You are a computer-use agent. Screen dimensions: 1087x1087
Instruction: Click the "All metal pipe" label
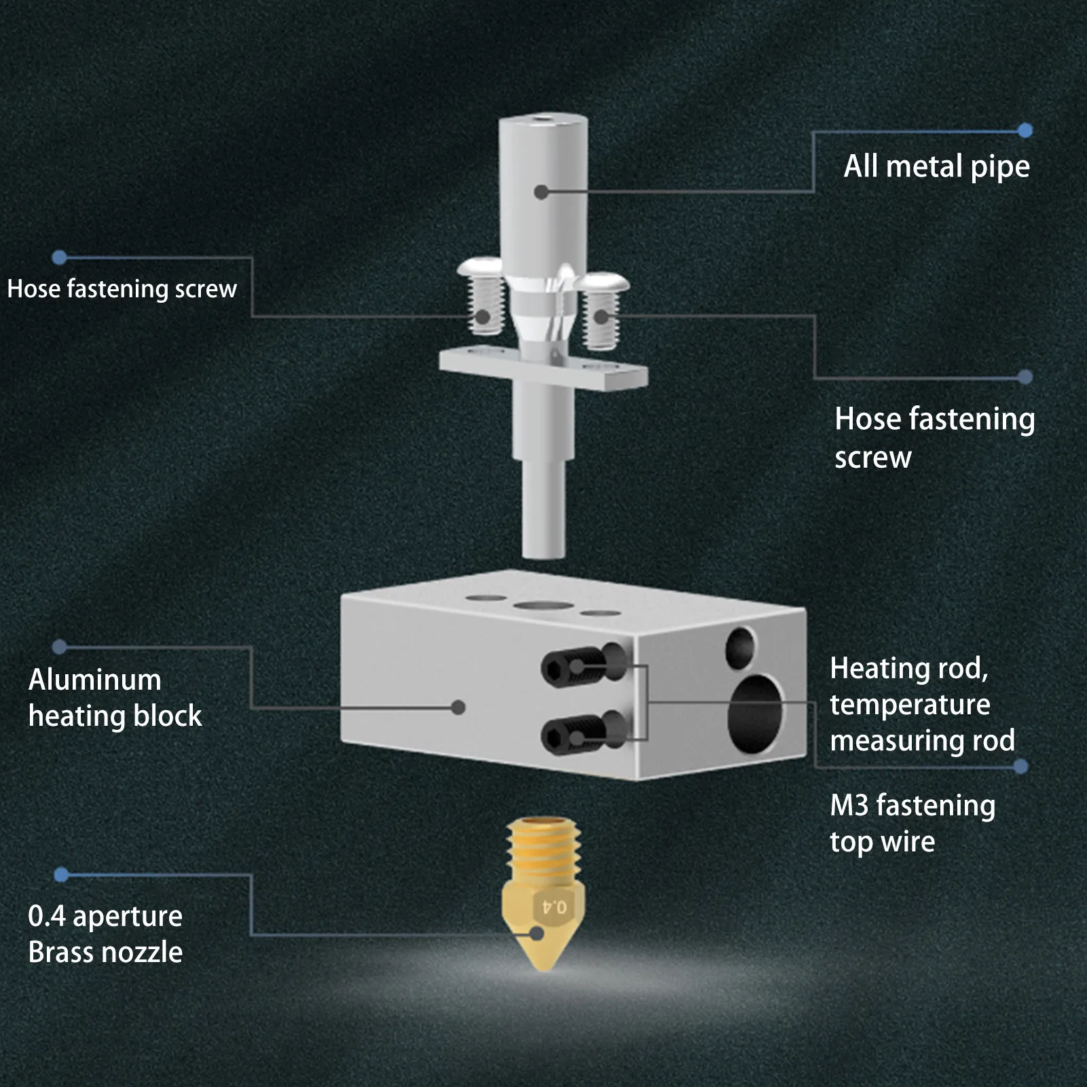pos(936,167)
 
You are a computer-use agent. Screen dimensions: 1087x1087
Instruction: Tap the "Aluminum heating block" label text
pos(115,698)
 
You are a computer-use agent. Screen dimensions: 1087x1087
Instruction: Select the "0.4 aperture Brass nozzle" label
pos(105,934)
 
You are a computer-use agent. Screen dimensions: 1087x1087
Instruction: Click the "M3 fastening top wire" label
pos(912,824)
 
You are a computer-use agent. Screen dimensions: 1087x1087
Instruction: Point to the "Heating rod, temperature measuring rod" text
pos(921,705)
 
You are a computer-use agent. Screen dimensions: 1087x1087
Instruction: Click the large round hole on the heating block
pos(754,714)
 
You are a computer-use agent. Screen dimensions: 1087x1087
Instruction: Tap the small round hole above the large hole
pos(739,647)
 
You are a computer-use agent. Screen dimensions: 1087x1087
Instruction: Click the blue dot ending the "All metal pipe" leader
pos(1025,130)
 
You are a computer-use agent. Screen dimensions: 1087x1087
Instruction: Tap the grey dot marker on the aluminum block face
pos(458,707)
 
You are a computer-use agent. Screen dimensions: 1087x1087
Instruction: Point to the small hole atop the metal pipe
pos(542,121)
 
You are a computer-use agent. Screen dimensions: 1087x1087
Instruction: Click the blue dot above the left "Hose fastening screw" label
pos(60,257)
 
